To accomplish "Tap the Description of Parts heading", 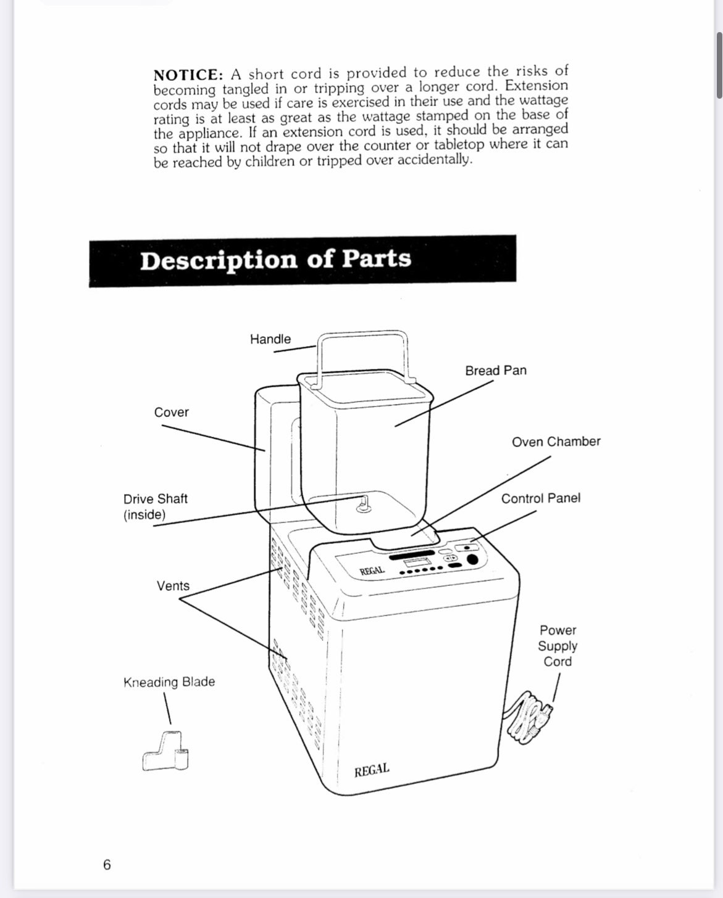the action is point(275,259).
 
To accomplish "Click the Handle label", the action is point(270,339).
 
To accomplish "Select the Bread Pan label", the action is point(496,371).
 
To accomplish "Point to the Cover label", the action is point(172,412).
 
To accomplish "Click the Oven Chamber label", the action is point(556,442).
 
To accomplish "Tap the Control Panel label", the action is point(540,498).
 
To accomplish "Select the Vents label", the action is point(173,586).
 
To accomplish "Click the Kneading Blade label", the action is point(169,682).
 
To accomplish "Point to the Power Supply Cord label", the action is point(558,646).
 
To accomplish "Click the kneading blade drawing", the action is point(166,752).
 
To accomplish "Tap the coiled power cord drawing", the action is point(528,716).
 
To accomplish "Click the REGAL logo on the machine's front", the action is point(372,770).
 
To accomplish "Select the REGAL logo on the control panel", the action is point(372,571).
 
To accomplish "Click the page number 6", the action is point(107,865).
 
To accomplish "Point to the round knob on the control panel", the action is point(472,560).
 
